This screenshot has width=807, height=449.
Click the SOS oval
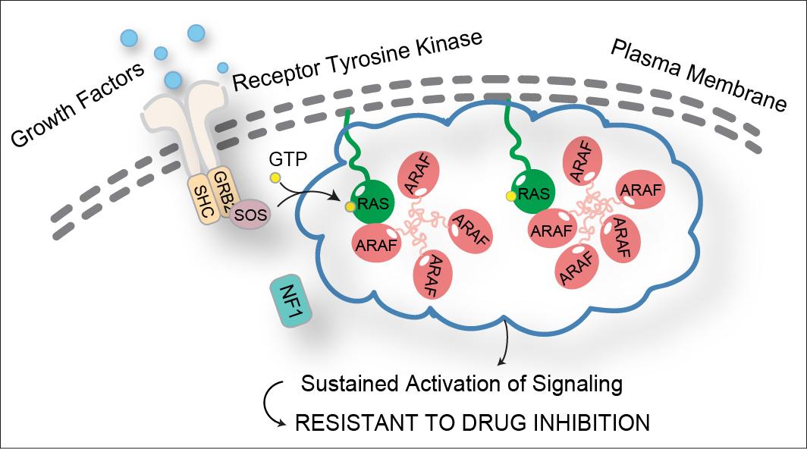(250, 214)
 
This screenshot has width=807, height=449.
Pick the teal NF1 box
(291, 300)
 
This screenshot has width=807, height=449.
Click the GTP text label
(288, 159)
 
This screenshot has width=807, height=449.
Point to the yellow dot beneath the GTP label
(275, 178)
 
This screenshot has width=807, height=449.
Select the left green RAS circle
(372, 202)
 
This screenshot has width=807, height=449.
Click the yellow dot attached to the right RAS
(511, 196)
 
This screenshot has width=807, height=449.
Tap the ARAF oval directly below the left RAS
(377, 244)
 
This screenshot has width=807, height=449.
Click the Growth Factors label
(77, 105)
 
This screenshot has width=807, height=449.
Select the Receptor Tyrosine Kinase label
(357, 60)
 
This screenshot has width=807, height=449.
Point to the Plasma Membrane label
(699, 75)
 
